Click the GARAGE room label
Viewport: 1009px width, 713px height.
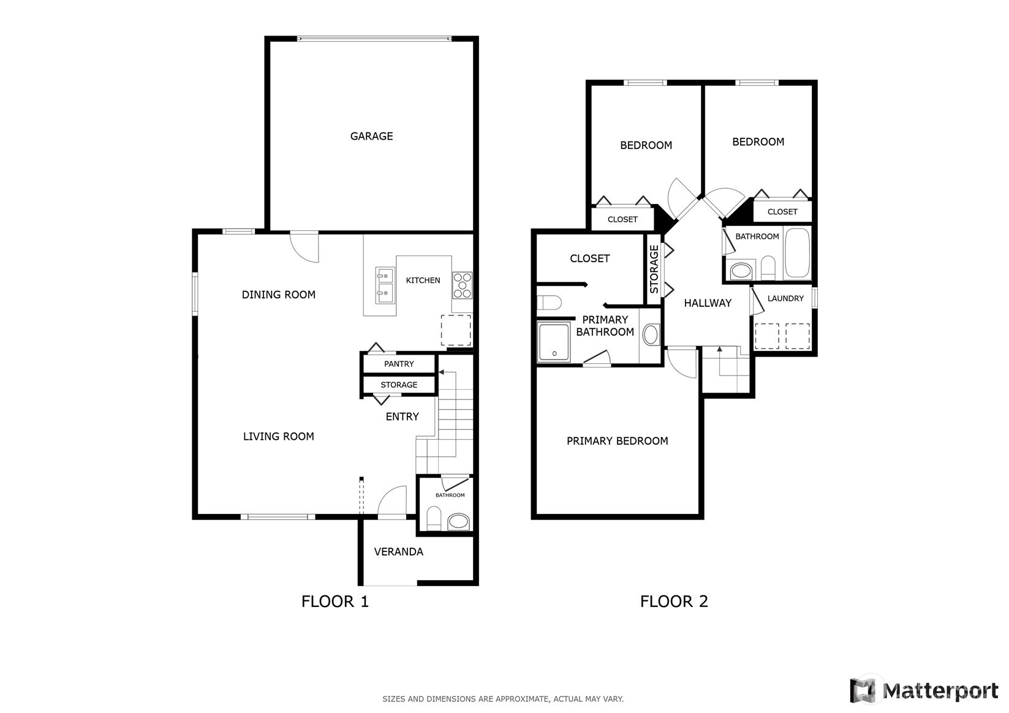(371, 136)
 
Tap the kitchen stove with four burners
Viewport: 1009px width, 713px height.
(462, 285)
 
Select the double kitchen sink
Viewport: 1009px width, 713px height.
(385, 285)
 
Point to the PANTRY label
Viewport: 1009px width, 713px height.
(399, 364)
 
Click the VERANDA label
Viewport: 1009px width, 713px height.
(399, 552)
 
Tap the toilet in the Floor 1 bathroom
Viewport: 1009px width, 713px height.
(434, 518)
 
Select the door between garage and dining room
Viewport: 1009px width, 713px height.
(304, 246)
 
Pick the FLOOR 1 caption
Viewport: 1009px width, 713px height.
(334, 602)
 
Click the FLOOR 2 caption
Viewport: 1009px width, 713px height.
(674, 602)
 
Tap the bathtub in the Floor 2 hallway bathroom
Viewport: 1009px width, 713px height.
(797, 253)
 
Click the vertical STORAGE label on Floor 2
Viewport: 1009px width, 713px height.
(654, 269)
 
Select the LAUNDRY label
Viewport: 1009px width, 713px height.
(785, 298)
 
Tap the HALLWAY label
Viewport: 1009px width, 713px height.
(708, 303)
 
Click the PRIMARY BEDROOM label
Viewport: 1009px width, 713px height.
(617, 441)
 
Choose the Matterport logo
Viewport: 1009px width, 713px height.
(924, 690)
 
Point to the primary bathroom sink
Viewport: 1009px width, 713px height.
(651, 334)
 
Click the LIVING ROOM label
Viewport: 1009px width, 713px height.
(278, 437)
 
